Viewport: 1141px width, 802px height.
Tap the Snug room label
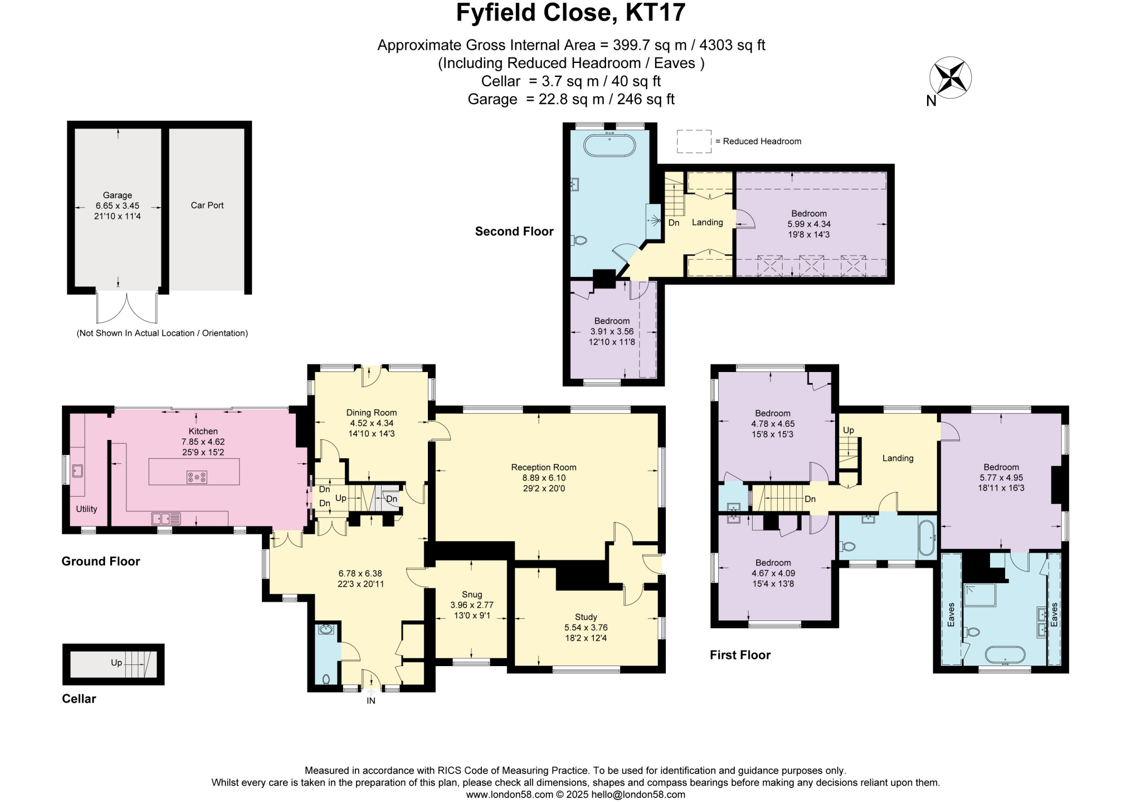[x=471, y=594]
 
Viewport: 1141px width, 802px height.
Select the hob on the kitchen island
[x=197, y=477]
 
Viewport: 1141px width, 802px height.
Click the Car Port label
[x=207, y=205]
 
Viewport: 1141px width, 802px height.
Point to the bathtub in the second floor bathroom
[x=609, y=146]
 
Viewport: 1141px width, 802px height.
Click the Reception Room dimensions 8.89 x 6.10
[x=543, y=478]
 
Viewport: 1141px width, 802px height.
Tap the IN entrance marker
[x=371, y=701]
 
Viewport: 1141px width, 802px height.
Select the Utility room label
[x=86, y=508]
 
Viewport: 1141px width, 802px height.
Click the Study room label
[x=586, y=617]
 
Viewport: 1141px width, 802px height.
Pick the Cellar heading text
[x=79, y=698]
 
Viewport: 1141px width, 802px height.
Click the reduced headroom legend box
[x=694, y=141]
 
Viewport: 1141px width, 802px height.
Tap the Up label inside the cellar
[x=116, y=662]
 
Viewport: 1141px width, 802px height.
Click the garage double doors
[x=127, y=307]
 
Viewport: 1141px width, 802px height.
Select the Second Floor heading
[x=514, y=231]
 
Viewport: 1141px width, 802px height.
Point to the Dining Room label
[x=371, y=413]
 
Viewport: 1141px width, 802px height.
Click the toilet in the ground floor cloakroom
[x=326, y=679]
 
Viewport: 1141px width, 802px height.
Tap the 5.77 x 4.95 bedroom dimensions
[x=1001, y=477]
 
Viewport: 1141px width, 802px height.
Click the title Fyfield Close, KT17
[x=570, y=13]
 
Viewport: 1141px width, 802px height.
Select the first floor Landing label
[x=898, y=458]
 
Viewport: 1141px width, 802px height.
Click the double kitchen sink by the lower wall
[x=166, y=519]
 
